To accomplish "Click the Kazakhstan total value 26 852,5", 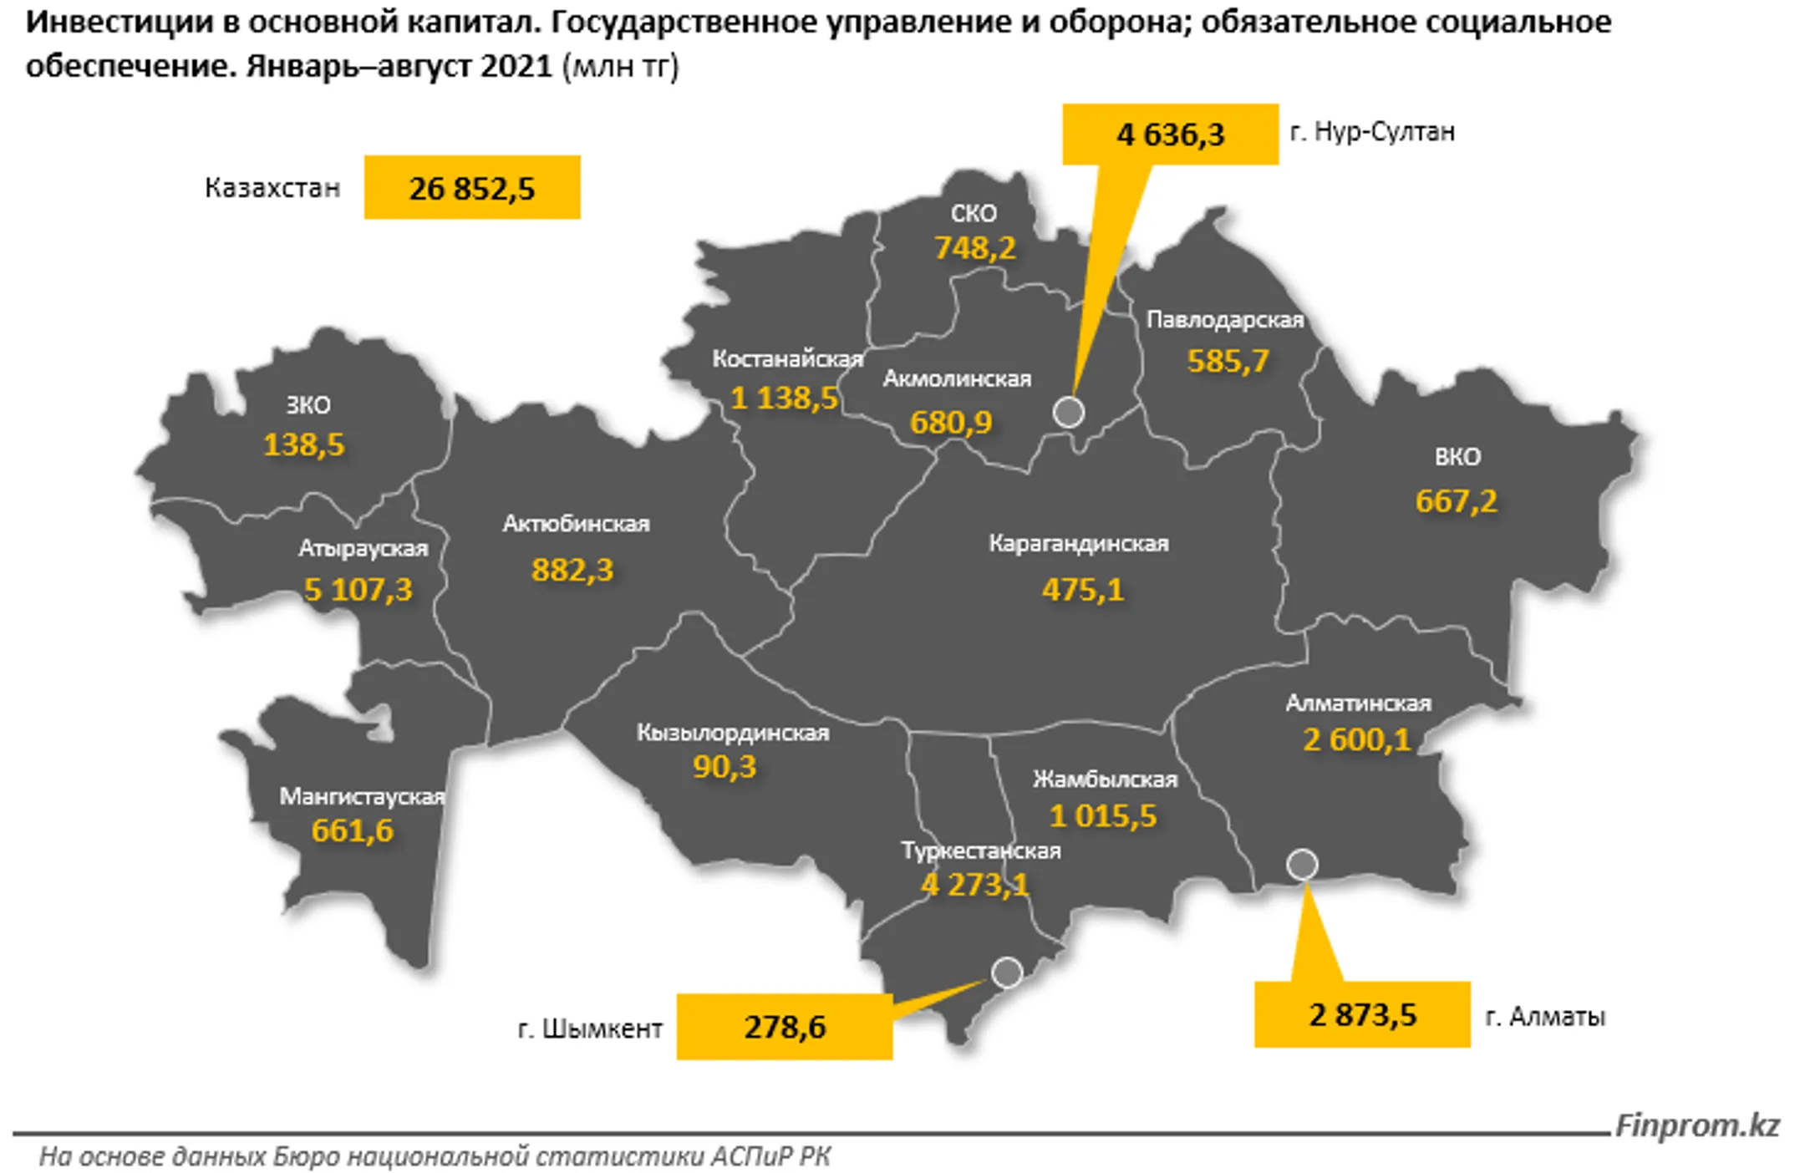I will pos(471,188).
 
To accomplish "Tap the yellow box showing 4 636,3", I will pos(1170,134).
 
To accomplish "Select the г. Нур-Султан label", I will pos(1372,132).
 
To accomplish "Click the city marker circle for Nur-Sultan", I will pos(1068,412).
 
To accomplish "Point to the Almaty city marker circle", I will pos(1302,864).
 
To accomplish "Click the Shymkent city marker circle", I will pos(1007,972).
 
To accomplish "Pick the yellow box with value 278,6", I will pos(784,1027).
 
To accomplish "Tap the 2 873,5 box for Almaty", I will pos(1362,1014).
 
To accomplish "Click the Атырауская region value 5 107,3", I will pos(358,590).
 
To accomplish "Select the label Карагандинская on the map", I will pos(1079,544).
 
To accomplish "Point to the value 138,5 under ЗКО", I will pos(303,444).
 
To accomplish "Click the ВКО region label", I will pos(1457,457).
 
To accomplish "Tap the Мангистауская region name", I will pos(362,797).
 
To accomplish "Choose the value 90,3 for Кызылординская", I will pos(724,767).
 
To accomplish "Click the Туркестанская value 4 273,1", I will pos(974,884).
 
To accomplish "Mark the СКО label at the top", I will pos(974,214).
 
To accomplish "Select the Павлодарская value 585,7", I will pos(1228,361).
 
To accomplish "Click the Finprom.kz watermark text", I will pos(1696,1125).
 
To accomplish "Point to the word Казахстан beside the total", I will pos(272,188).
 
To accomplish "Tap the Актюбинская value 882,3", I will pos(572,570).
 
